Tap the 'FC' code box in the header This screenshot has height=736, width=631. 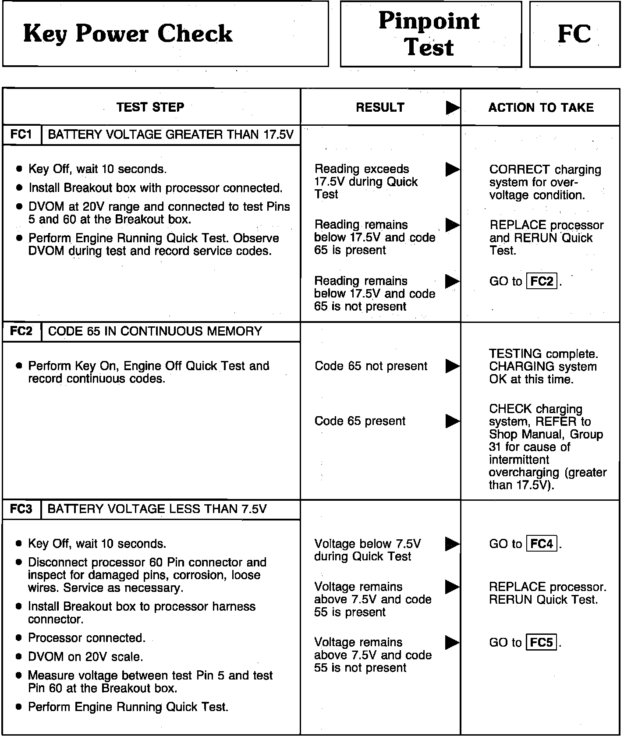click(x=574, y=34)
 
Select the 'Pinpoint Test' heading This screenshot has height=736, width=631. click(x=429, y=34)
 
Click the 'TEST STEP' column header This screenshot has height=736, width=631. click(x=150, y=107)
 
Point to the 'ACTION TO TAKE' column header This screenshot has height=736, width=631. click(x=541, y=108)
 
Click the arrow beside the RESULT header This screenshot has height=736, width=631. click(x=452, y=108)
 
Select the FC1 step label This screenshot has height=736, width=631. click(x=21, y=134)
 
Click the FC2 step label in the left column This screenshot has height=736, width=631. click(x=21, y=331)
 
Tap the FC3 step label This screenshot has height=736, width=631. click(x=21, y=509)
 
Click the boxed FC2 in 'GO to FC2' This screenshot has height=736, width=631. click(x=542, y=281)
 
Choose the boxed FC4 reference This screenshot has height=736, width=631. click(x=542, y=544)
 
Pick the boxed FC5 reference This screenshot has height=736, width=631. click(x=542, y=643)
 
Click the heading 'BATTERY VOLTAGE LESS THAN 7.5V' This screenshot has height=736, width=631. click(x=157, y=509)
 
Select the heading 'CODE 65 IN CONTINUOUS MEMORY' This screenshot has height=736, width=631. click(x=155, y=331)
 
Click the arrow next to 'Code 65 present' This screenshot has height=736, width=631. click(x=452, y=421)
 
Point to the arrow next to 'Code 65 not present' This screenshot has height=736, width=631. click(x=452, y=366)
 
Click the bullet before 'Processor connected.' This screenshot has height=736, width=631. click(x=18, y=638)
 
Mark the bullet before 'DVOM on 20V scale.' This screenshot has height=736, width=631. click(x=18, y=657)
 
